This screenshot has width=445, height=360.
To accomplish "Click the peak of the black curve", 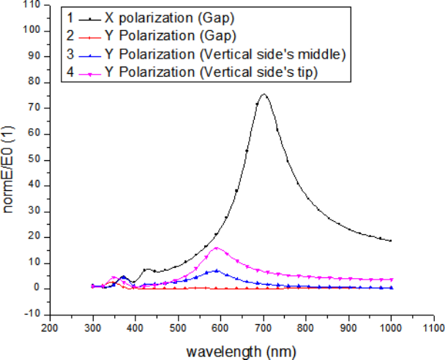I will [263, 94].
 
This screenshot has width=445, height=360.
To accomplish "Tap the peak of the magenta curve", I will [216, 248].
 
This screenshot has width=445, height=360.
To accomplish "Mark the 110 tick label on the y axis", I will [31, 5].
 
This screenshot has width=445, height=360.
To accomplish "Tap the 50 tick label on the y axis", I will [34, 160].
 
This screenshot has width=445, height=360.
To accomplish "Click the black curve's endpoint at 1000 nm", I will [391, 240].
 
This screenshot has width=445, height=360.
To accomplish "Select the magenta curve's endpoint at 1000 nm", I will [391, 280].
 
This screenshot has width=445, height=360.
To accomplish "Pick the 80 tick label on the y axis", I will [34, 82].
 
